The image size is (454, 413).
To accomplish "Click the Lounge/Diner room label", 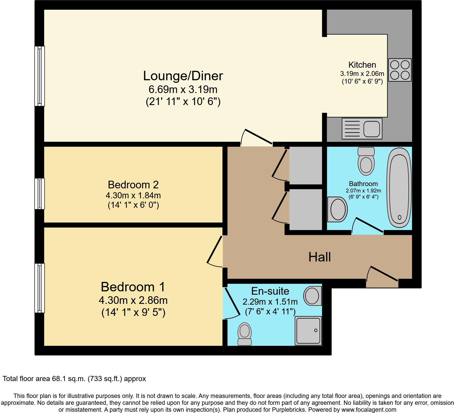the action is (183, 76).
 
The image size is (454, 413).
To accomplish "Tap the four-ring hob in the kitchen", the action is (400, 70).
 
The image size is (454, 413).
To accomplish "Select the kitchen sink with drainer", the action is (362, 129).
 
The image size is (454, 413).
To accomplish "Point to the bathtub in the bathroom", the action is (399, 188).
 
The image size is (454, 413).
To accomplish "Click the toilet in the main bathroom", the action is (366, 161).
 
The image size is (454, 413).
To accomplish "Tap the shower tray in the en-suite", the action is (308, 331).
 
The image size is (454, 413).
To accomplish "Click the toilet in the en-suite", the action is (245, 334).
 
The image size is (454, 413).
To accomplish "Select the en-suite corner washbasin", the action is (312, 295).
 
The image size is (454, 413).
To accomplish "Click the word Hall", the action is (320, 257).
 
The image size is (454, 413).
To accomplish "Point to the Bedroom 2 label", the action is (133, 185).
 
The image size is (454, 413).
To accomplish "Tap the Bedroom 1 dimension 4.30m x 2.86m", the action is (133, 300).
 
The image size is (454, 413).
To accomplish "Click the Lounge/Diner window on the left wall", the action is (40, 76).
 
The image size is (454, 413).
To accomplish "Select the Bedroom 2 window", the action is (40, 193).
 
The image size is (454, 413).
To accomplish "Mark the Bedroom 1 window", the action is (40, 288).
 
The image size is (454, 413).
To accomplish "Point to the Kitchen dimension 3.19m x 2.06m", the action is (362, 74).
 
